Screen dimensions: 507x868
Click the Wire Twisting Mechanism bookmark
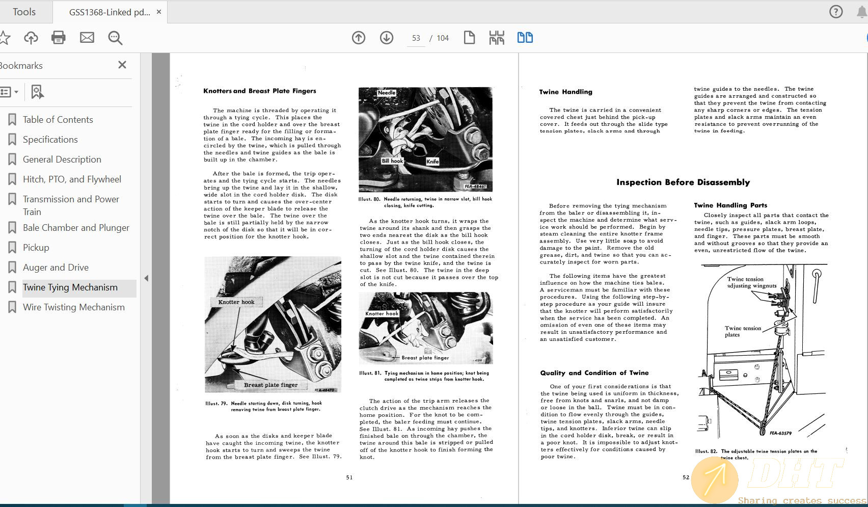pyautogui.click(x=73, y=307)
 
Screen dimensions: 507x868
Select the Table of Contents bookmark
pyautogui.click(x=58, y=120)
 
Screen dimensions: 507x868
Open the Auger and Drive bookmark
pyautogui.click(x=56, y=268)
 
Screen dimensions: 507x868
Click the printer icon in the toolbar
pyautogui.click(x=59, y=38)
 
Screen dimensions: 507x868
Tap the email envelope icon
pyautogui.click(x=87, y=38)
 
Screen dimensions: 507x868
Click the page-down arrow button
pyautogui.click(x=387, y=38)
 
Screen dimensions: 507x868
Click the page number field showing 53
pyautogui.click(x=416, y=38)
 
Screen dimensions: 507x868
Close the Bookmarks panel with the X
pyautogui.click(x=122, y=65)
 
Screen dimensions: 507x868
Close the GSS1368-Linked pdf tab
pyautogui.click(x=159, y=12)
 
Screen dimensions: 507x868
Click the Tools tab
pyautogui.click(x=24, y=12)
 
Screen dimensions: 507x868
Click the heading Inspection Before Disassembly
pyautogui.click(x=683, y=182)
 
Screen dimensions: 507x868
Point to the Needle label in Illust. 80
pyautogui.click(x=387, y=93)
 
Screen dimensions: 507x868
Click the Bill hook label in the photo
pyautogui.click(x=392, y=161)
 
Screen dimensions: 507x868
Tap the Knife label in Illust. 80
pyautogui.click(x=432, y=162)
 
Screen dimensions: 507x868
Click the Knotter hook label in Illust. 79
pyautogui.click(x=236, y=302)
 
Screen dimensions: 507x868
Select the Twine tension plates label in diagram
pyautogui.click(x=743, y=331)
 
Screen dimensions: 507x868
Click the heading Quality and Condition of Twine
pyautogui.click(x=594, y=373)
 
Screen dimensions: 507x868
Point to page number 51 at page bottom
pyautogui.click(x=349, y=477)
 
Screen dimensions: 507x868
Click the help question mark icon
pyautogui.click(x=836, y=12)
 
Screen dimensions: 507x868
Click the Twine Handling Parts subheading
pyautogui.click(x=730, y=205)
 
